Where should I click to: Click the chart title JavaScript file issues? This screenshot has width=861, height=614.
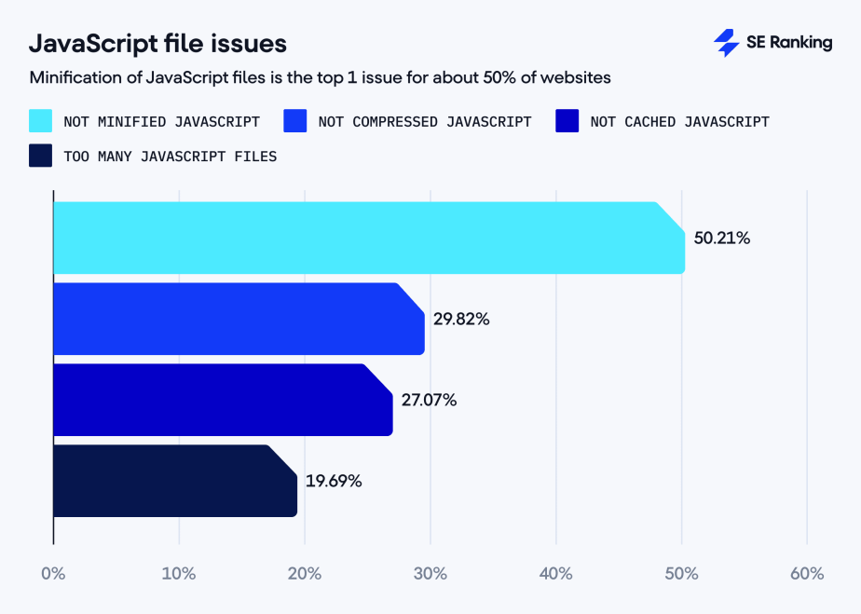point(157,44)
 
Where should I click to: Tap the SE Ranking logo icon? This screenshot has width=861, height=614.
point(726,43)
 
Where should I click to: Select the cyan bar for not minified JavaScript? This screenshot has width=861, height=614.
point(363,238)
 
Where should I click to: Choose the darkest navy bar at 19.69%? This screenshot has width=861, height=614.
point(172,481)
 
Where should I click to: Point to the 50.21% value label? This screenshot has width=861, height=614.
point(721,238)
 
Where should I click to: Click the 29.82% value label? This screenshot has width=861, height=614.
point(461,319)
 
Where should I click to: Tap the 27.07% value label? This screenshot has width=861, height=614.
point(429,400)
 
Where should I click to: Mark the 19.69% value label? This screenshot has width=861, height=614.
point(334,481)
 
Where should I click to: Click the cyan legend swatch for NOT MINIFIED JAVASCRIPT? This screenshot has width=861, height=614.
point(41,121)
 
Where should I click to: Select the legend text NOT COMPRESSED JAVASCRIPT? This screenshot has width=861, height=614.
point(424,121)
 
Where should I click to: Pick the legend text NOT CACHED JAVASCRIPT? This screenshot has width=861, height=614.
point(679,121)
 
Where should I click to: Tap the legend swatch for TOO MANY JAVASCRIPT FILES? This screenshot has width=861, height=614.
point(41,156)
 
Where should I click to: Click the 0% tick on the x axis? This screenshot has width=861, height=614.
point(53,574)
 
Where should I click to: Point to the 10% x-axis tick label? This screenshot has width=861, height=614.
point(178,574)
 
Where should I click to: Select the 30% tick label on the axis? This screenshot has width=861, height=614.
point(430,574)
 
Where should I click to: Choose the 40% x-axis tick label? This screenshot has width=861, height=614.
point(555,574)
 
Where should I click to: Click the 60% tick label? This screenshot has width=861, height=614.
point(807,574)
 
